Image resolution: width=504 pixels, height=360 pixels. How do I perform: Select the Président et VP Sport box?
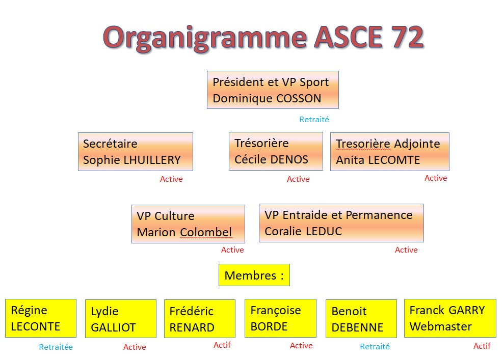pos(273,90)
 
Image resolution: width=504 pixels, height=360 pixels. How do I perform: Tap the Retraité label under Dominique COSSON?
pos(314,120)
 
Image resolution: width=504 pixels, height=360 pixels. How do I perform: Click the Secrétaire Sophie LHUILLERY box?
pos(136,152)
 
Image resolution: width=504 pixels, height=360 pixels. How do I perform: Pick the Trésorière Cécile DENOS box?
pos(276,151)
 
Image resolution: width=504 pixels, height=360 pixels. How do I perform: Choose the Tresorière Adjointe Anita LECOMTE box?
pos(389,152)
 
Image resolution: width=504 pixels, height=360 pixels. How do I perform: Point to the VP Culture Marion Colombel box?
pos(188,224)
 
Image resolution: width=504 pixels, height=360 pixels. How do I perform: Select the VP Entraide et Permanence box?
pos(341,223)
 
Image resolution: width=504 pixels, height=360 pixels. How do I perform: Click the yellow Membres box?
pos(254,275)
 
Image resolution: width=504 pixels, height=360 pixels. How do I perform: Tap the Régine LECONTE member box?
pos(41,318)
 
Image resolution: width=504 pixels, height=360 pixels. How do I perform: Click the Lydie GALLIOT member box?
pos(121,319)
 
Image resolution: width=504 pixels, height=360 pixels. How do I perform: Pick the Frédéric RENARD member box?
pos(200,319)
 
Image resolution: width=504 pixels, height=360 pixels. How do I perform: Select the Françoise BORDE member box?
pos(280,318)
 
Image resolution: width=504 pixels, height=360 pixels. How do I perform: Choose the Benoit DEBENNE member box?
pos(361,319)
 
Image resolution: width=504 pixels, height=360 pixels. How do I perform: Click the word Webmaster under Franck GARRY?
pos(441,326)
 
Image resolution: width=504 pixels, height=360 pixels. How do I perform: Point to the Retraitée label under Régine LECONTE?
pos(56,347)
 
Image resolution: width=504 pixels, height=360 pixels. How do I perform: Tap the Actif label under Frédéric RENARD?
pos(222,345)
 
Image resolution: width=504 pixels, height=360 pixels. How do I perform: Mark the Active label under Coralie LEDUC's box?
pos(406,250)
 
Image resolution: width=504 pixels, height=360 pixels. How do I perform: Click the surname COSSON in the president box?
pos(299,98)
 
